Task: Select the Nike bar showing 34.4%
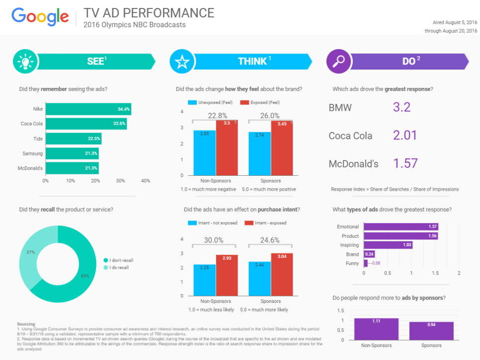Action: click(88, 109)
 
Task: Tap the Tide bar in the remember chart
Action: click(73, 139)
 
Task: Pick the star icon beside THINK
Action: click(181, 62)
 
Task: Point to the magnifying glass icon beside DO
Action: click(338, 62)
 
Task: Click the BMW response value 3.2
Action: click(401, 107)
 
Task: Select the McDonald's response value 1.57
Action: click(405, 163)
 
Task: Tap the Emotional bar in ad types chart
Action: click(401, 226)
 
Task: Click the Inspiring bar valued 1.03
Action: click(388, 245)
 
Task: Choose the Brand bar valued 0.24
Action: click(369, 254)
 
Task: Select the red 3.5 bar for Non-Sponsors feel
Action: click(227, 147)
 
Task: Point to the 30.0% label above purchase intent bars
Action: click(214, 240)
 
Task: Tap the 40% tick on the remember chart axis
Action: click(146, 181)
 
